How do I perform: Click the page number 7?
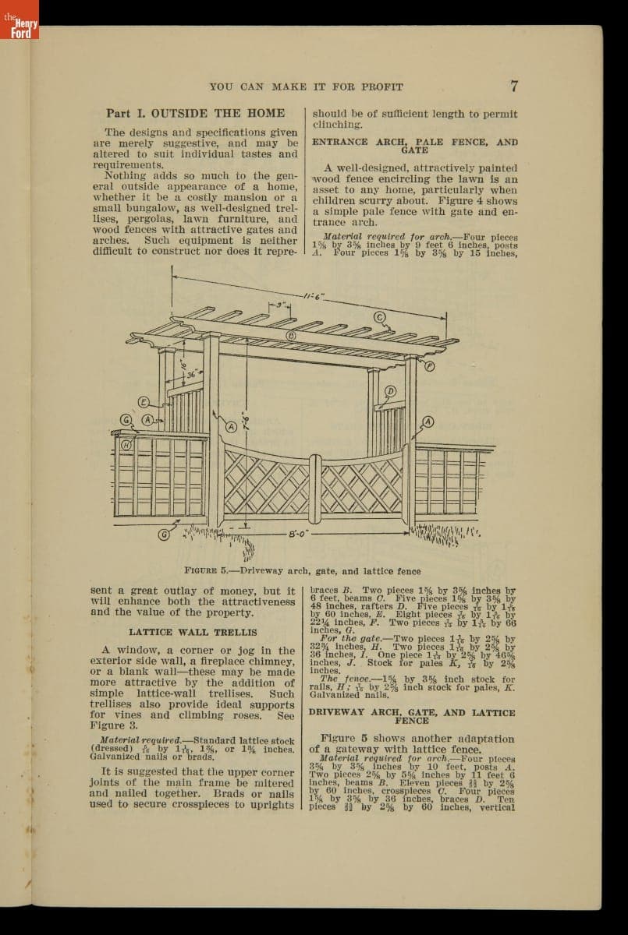[514, 86]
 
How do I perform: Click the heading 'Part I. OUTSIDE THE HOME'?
[195, 113]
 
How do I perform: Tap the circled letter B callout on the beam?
[291, 336]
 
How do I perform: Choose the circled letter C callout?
[381, 317]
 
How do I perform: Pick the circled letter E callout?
[144, 401]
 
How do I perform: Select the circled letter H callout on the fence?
[124, 444]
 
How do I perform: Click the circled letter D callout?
[391, 390]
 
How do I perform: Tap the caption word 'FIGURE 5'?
[206, 570]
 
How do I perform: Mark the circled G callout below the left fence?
[165, 535]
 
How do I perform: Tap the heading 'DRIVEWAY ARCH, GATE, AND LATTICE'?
[412, 712]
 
